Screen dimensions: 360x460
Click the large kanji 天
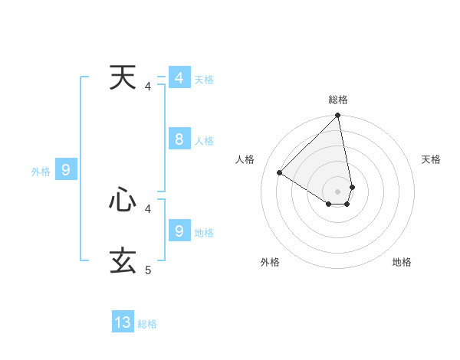(x=123, y=78)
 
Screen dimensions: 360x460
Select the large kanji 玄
(x=123, y=260)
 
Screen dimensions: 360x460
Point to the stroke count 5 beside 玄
(x=148, y=270)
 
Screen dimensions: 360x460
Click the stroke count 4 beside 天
(x=148, y=87)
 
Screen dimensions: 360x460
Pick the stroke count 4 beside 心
(x=148, y=208)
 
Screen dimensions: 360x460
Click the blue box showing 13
(x=123, y=322)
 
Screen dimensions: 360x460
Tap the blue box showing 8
(x=179, y=139)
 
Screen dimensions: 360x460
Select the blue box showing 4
(x=179, y=78)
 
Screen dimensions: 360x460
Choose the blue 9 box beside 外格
(x=66, y=170)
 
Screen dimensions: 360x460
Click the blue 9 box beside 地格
(x=179, y=231)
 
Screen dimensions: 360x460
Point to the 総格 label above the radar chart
(x=338, y=100)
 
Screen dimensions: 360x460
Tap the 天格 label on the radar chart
(x=432, y=159)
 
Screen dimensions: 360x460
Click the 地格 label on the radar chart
(x=402, y=262)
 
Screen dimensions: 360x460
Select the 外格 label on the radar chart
(x=270, y=262)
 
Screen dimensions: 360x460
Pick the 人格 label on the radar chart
(x=245, y=159)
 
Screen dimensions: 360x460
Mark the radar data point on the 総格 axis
(x=338, y=116)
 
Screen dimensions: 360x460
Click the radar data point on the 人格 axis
(x=280, y=173)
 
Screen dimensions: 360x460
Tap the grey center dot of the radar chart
(x=338, y=191)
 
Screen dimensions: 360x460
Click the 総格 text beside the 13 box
(x=147, y=324)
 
